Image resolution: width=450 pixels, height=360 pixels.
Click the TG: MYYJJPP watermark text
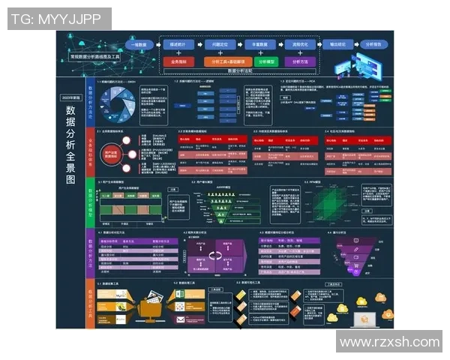[x=59, y=19]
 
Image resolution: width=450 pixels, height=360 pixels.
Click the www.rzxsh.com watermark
[x=389, y=342]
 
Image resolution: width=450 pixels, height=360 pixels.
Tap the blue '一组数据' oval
[x=139, y=45]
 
